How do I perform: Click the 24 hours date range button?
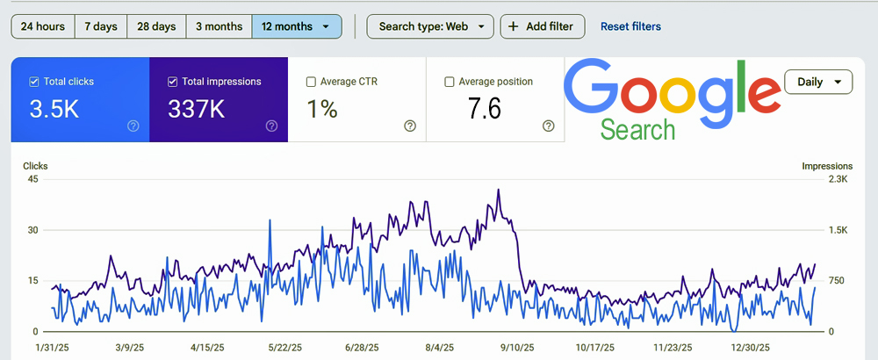coord(42,26)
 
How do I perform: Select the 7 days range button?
coord(101,26)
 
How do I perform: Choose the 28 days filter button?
coord(157,26)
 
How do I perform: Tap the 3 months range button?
coord(219,26)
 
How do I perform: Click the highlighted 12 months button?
coord(296,26)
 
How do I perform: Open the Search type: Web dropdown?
coord(430,26)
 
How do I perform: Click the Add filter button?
coord(542,26)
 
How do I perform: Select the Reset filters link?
coord(630,26)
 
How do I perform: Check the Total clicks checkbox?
coord(34,82)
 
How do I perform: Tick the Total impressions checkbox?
coord(172,82)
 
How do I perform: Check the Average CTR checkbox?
coord(311,82)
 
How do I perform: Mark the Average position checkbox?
coord(450,82)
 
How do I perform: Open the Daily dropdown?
coord(818,83)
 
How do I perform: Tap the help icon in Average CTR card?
coord(410,126)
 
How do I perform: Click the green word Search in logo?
coord(638,130)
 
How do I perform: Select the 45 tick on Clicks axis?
coord(33,179)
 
